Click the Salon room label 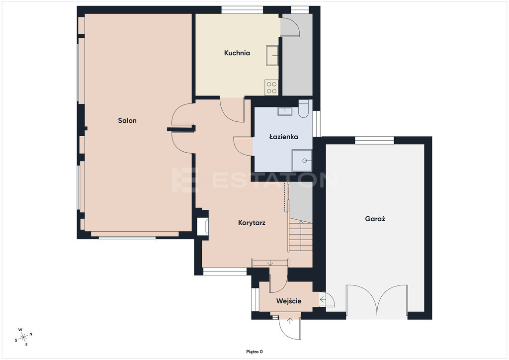tap(127, 121)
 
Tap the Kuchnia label tap(237, 53)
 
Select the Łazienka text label tap(284, 137)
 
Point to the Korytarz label tap(252, 223)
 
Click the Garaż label tap(375, 219)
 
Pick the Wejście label tap(289, 301)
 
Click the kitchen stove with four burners tap(272, 88)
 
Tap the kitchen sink tap(272, 56)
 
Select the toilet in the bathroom tap(304, 109)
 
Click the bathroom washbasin tap(285, 111)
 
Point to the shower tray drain tap(305, 161)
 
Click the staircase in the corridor tap(300, 235)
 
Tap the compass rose tap(23, 337)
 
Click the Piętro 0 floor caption tap(254, 352)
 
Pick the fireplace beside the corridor tap(203, 226)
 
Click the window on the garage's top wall tap(374, 140)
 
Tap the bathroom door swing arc tap(243, 146)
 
